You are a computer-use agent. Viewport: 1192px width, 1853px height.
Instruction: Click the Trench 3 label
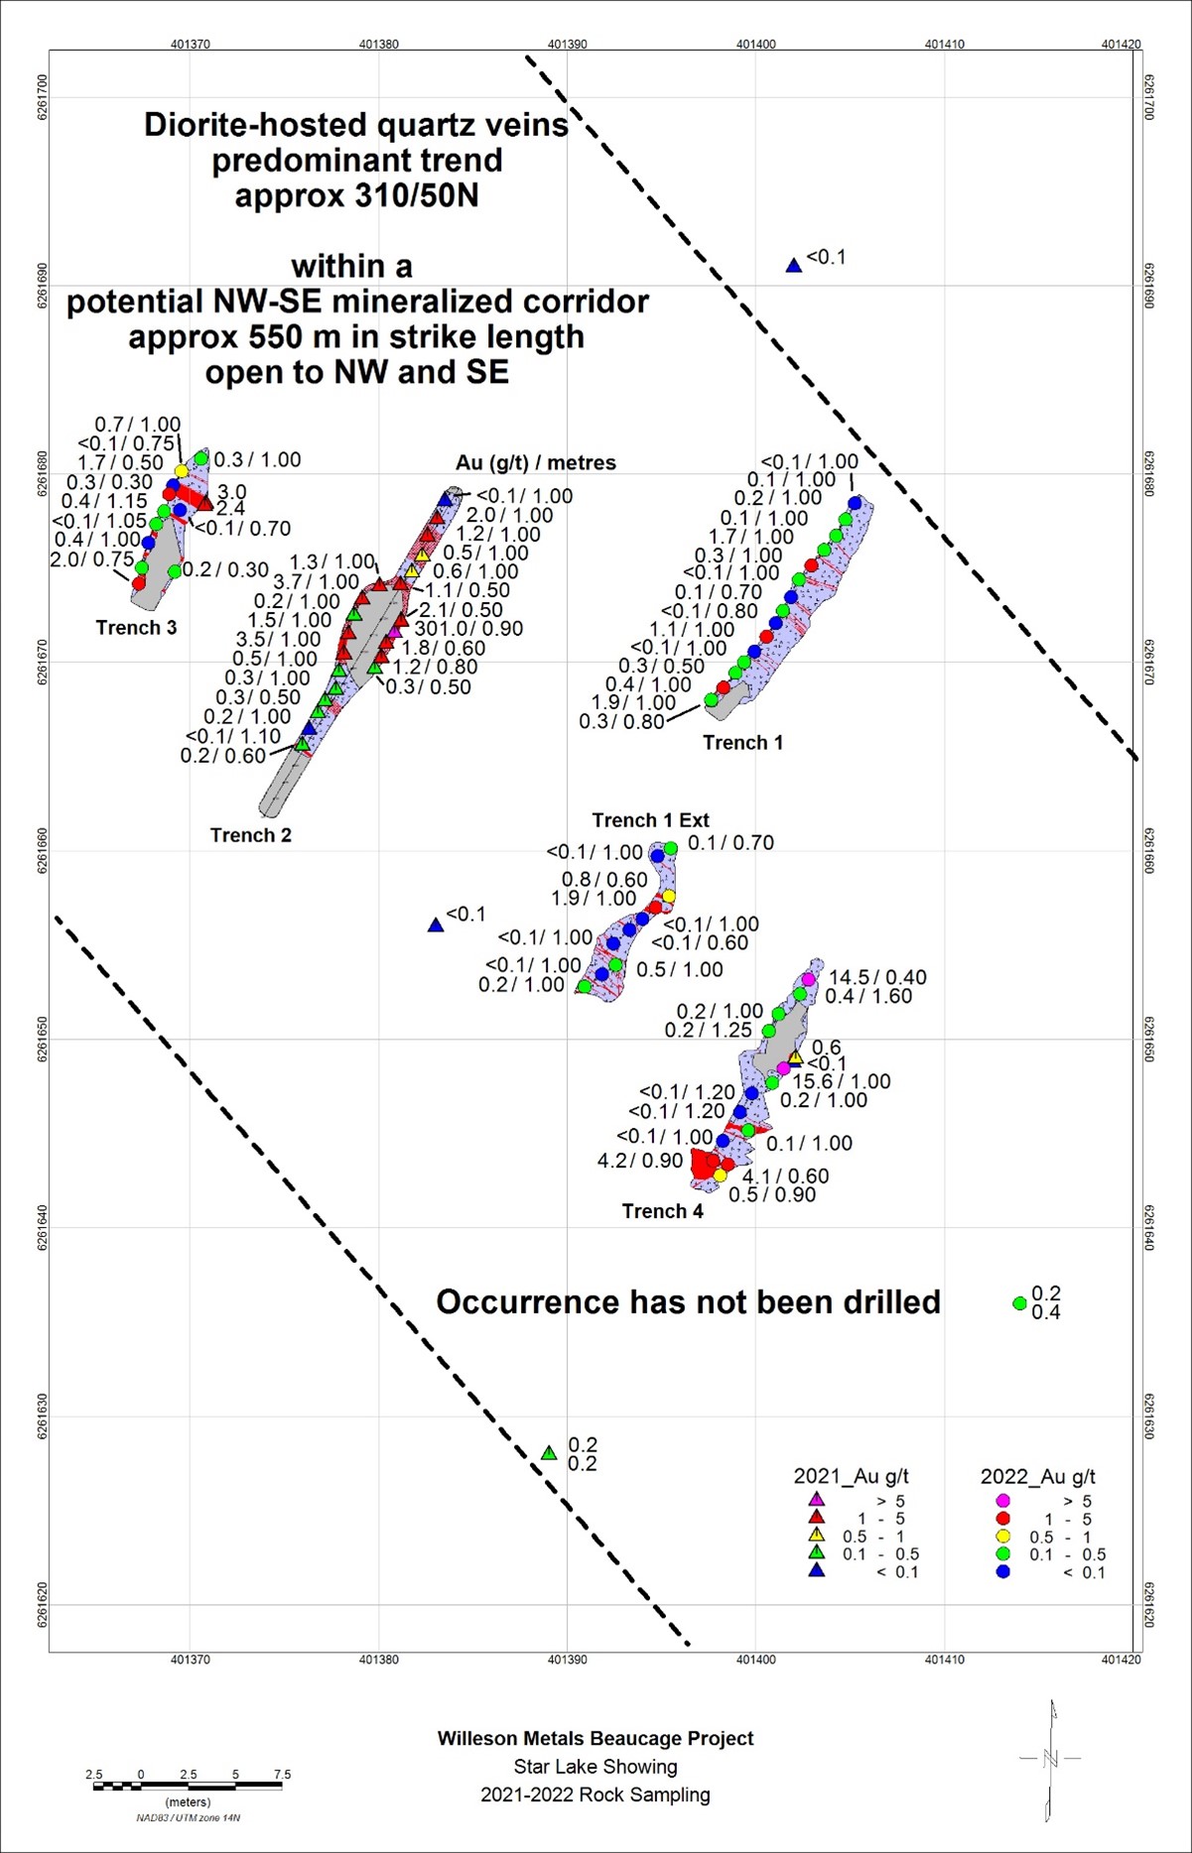136,628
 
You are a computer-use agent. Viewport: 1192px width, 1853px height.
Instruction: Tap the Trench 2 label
251,835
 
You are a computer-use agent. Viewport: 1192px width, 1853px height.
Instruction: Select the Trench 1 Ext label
650,820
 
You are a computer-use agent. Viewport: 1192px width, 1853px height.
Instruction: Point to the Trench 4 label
662,1211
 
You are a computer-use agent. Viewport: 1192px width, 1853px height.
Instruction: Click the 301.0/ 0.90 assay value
468,629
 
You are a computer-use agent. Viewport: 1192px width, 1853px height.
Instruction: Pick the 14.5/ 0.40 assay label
877,978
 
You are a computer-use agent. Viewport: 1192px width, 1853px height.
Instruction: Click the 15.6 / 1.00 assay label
841,1081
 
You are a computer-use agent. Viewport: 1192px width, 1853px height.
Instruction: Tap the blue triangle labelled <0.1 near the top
794,265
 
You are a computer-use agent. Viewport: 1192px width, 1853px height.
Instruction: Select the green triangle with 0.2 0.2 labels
549,1453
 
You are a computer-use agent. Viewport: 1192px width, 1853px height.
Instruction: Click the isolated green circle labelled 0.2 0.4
1019,1303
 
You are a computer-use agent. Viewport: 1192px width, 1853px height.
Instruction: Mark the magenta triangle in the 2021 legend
817,1500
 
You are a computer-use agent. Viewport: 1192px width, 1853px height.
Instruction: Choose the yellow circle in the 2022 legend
1003,1537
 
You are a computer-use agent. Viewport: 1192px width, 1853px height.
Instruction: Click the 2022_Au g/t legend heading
1037,1476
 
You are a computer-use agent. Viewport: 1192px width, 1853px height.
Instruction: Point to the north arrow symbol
1051,1760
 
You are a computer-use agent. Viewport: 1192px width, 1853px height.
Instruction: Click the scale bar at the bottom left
188,1787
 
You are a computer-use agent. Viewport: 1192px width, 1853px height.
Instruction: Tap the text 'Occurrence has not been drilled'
688,1302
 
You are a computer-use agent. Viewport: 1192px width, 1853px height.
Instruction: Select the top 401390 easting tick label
568,45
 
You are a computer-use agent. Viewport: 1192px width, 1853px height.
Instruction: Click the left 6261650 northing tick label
43,1040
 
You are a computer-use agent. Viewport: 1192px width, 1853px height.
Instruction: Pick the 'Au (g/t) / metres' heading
536,463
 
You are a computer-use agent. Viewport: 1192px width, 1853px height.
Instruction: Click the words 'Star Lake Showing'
596,1767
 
